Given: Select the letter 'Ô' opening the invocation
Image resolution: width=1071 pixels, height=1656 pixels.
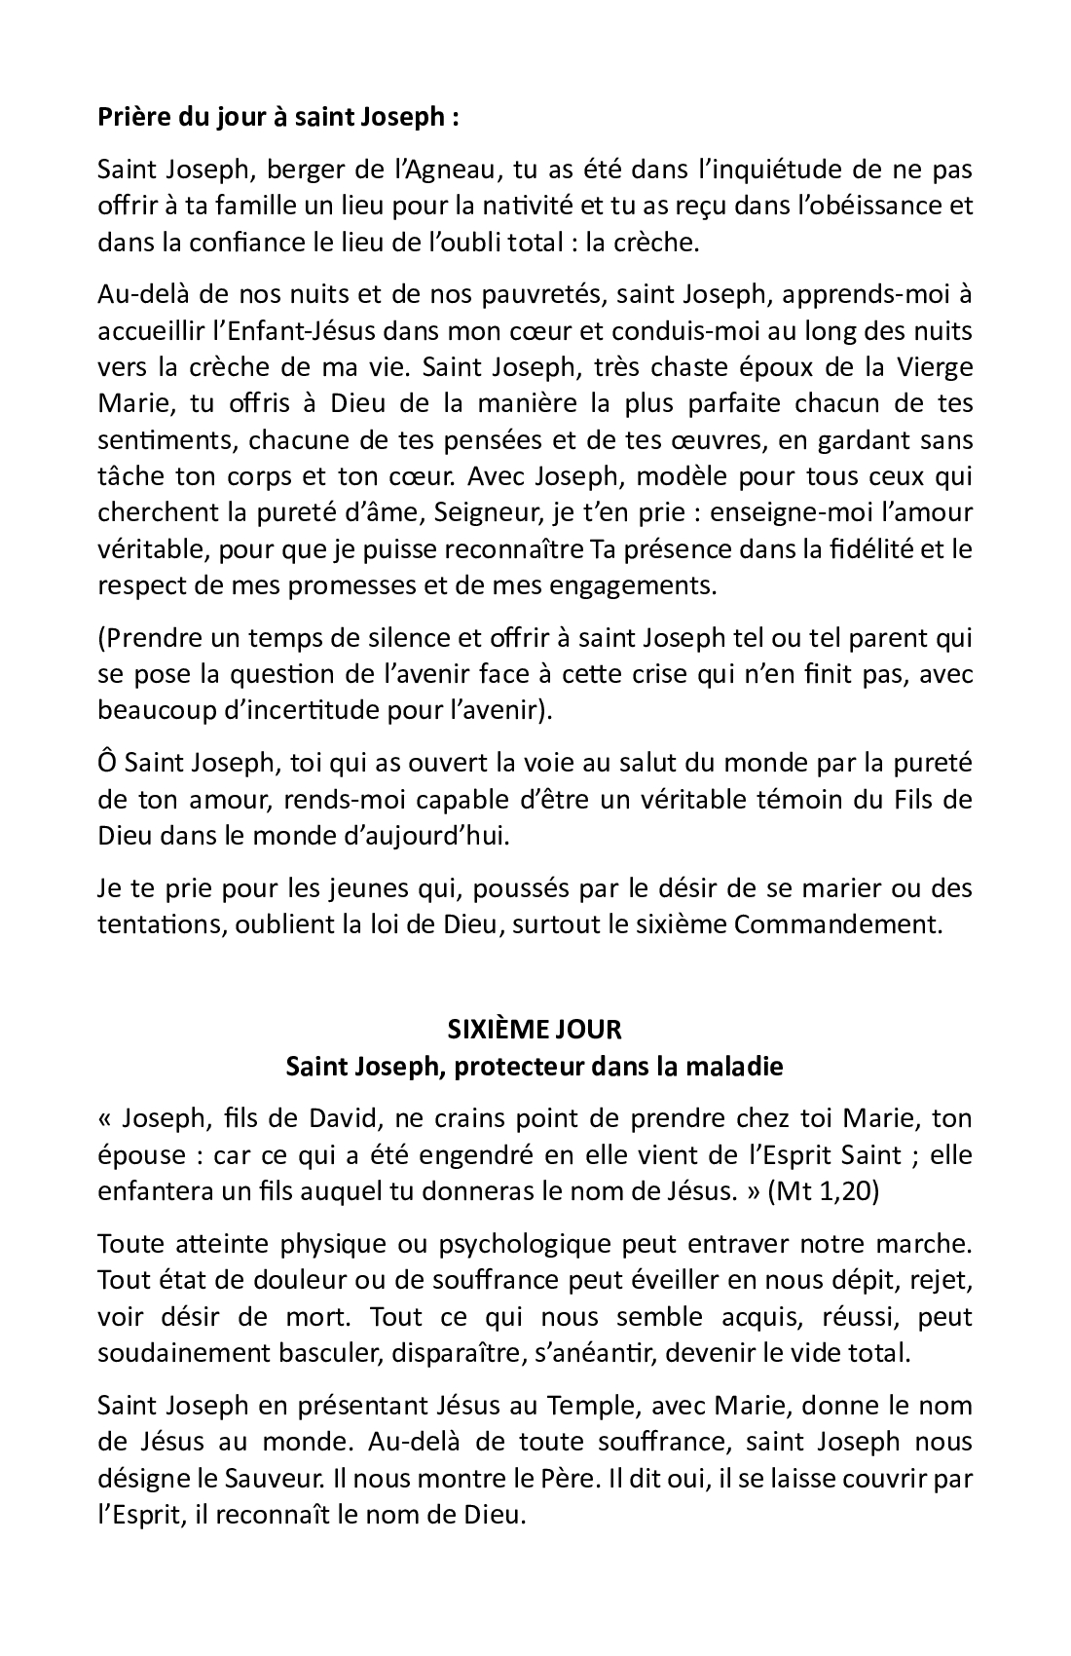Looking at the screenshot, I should pyautogui.click(x=107, y=763).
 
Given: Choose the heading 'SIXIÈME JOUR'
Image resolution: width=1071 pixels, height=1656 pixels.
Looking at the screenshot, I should pyautogui.click(x=535, y=1029).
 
